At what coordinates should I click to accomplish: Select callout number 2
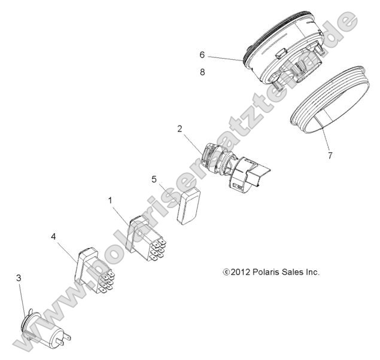(x=179, y=129)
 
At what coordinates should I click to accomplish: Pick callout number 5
(x=154, y=178)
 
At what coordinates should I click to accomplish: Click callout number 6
(x=202, y=54)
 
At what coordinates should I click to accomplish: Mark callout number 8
(x=202, y=72)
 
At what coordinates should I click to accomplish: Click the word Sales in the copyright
(x=297, y=271)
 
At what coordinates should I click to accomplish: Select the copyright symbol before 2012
(x=226, y=272)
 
